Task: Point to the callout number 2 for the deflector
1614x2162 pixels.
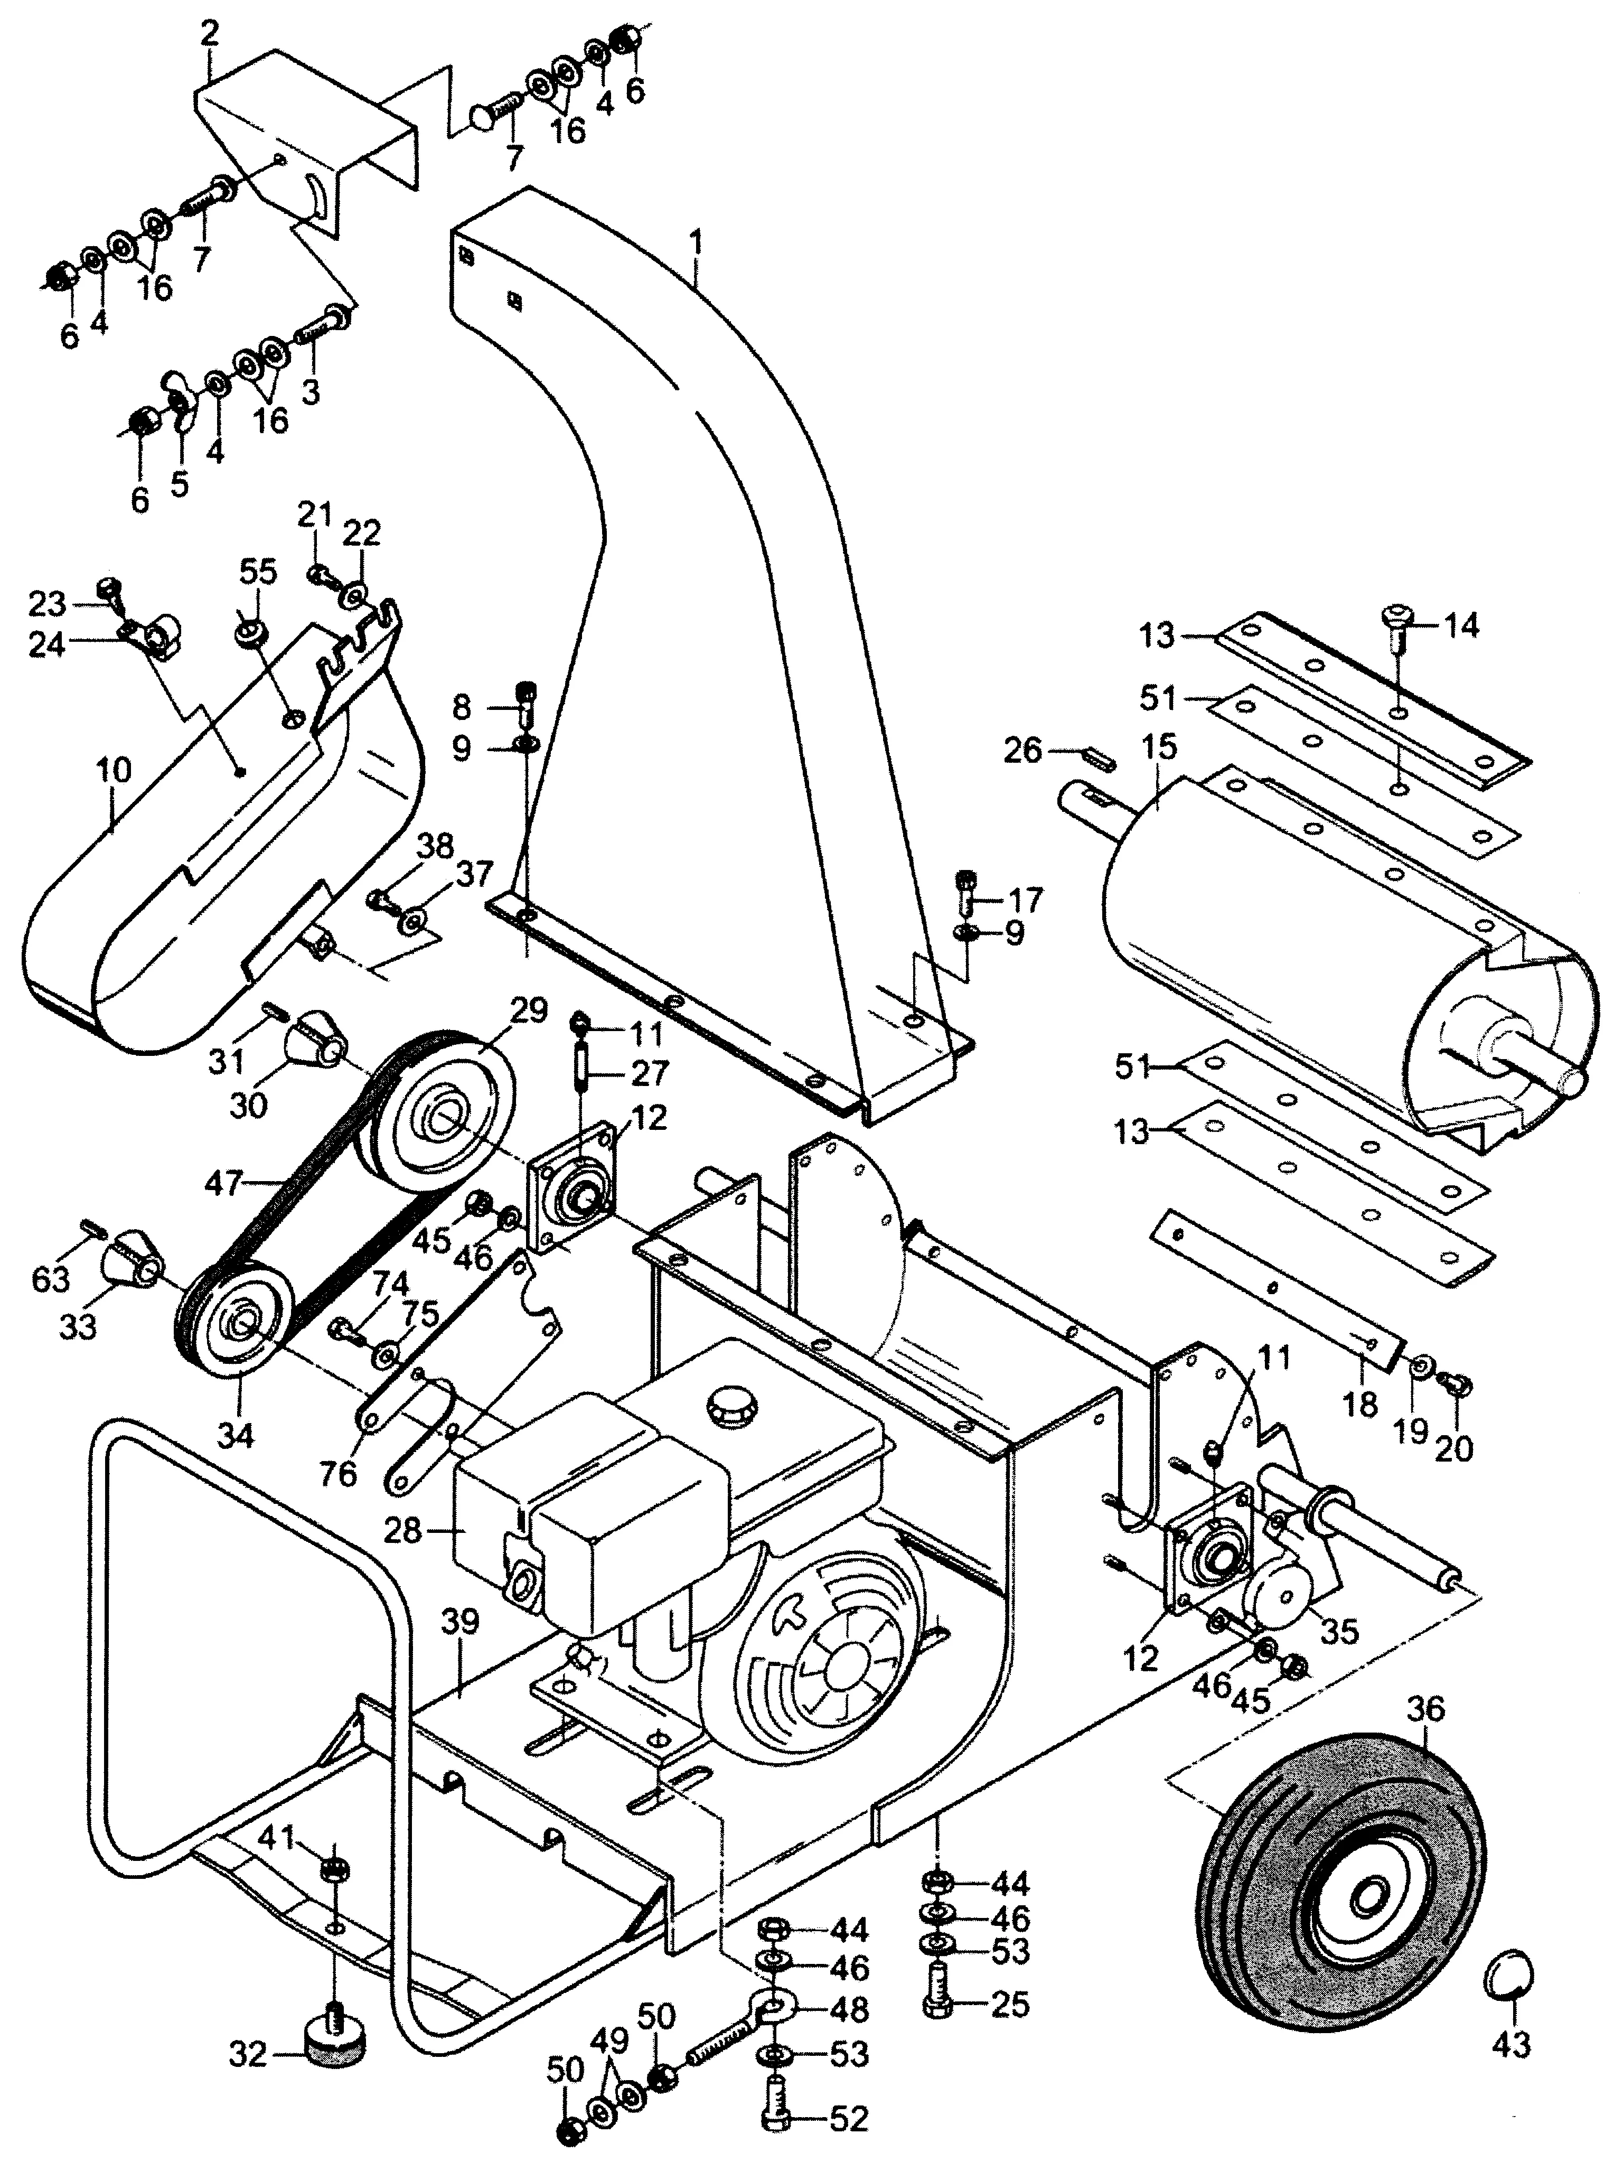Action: pyautogui.click(x=209, y=36)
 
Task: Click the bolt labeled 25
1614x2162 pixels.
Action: pyautogui.click(x=937, y=2005)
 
